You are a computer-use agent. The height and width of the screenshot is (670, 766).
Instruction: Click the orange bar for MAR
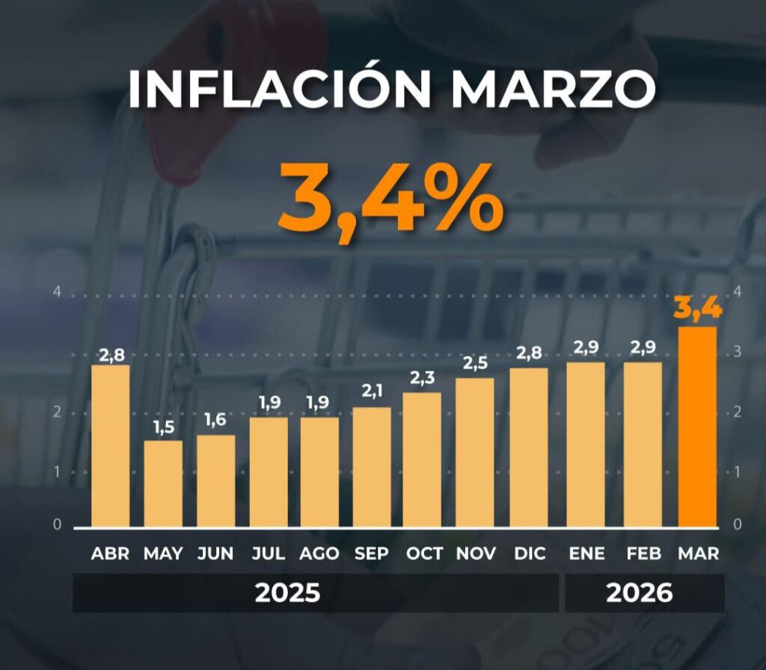(x=698, y=426)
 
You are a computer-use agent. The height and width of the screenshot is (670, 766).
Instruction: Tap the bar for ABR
(x=111, y=446)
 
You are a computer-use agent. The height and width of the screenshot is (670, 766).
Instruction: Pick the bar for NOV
(x=474, y=452)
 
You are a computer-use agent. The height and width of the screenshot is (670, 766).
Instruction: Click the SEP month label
(x=372, y=554)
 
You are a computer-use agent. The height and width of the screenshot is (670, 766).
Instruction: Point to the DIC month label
(x=529, y=554)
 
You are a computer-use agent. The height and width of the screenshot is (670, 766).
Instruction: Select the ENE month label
(x=586, y=554)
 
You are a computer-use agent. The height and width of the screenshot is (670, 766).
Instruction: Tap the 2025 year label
(x=288, y=593)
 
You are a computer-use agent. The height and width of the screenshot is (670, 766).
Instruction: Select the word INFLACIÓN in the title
(x=280, y=89)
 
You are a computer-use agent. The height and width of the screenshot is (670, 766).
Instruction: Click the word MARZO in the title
(x=554, y=89)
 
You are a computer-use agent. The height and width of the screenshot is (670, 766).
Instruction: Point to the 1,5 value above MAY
(x=163, y=428)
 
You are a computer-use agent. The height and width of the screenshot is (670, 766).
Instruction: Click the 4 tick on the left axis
(x=57, y=292)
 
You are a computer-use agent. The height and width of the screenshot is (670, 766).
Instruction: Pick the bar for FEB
(x=643, y=444)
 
